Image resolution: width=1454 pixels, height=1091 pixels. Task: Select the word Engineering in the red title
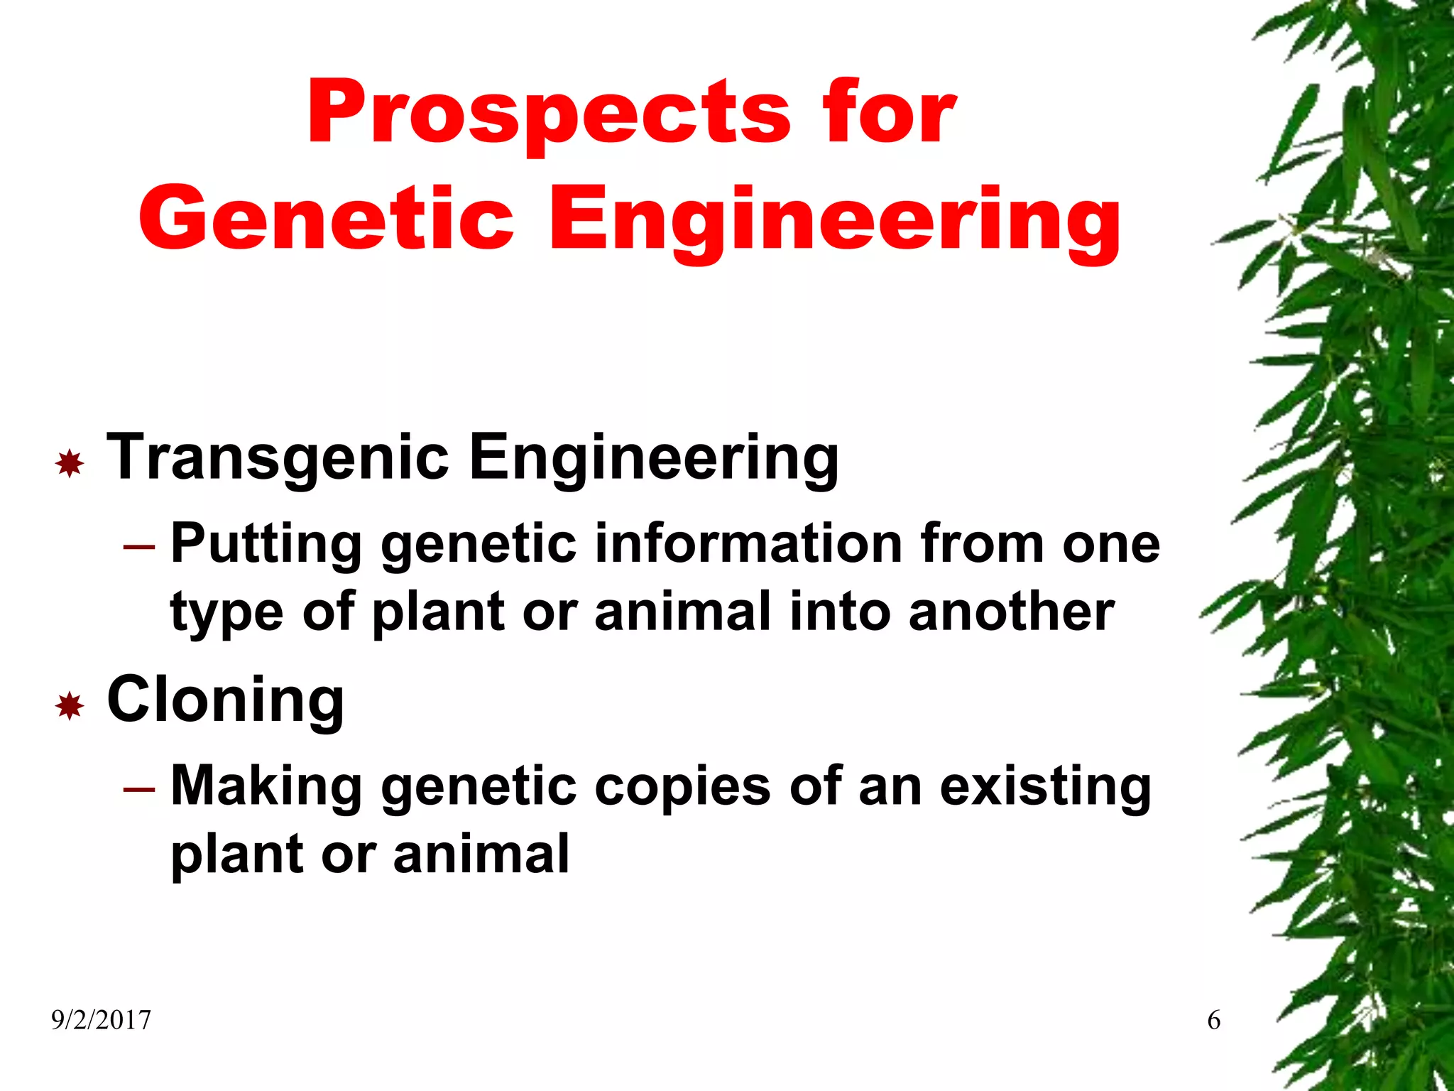point(835,220)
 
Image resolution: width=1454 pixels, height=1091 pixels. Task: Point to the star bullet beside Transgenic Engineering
point(70,464)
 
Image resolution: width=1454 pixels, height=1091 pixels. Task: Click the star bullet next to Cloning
point(70,706)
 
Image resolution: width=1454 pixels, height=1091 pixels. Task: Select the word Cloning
point(226,700)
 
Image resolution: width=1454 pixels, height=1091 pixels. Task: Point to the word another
point(1011,612)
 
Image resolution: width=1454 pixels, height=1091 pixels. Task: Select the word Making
point(266,787)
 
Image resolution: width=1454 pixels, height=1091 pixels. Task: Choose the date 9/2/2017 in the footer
point(101,1021)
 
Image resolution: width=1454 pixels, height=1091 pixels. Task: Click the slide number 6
point(1213,1021)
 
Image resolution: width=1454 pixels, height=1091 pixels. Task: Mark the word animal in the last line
point(481,854)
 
